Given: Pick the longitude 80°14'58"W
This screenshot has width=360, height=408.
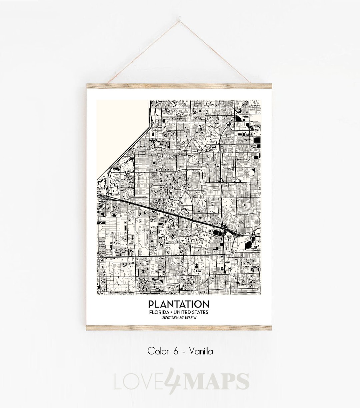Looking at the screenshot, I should [x=188, y=318].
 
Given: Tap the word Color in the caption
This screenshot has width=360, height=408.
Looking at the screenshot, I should [x=157, y=351].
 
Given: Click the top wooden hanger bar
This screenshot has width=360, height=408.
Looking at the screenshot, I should [x=179, y=86].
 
